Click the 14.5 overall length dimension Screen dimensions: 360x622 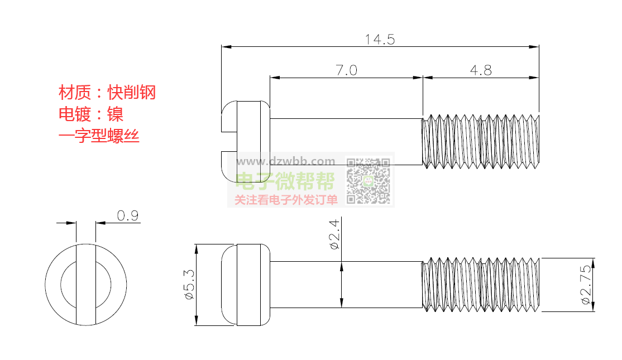pos(380,39)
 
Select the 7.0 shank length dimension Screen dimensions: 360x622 pos(346,70)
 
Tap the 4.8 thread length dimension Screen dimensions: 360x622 pos(481,70)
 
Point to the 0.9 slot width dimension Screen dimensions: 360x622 pos(128,215)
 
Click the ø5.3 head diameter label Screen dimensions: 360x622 pos(189,285)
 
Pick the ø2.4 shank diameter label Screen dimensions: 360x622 pos(334,234)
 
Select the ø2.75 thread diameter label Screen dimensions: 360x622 pos(586,285)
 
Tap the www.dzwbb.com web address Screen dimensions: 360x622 pos(286,161)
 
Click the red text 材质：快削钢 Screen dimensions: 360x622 pos(107,92)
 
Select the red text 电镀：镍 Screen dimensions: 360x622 pos(91,114)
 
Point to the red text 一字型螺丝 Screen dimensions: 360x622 pos(99,136)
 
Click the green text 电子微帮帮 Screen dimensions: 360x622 pos(285,181)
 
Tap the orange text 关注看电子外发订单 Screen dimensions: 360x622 pos(286,200)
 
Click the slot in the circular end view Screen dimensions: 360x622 pos(85,284)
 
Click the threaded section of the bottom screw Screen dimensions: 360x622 pos(481,285)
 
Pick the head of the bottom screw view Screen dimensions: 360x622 pos(246,285)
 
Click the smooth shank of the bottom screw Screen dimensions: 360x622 pos(346,285)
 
